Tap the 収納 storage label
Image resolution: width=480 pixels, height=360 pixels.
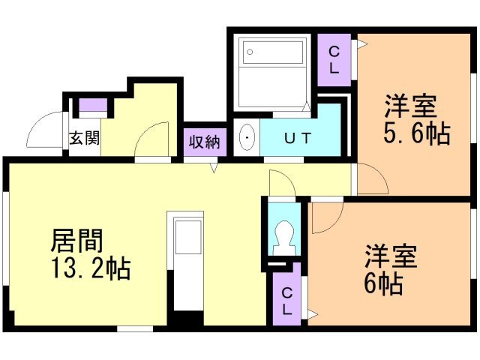(x=203, y=140)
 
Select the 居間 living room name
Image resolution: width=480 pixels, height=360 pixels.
(x=76, y=241)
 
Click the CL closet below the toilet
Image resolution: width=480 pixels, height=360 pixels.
(x=286, y=298)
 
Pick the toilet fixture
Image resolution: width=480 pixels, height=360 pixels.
(x=284, y=235)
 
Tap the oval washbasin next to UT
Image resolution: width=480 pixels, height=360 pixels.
(x=246, y=139)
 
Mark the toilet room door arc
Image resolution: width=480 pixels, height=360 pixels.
(x=282, y=183)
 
